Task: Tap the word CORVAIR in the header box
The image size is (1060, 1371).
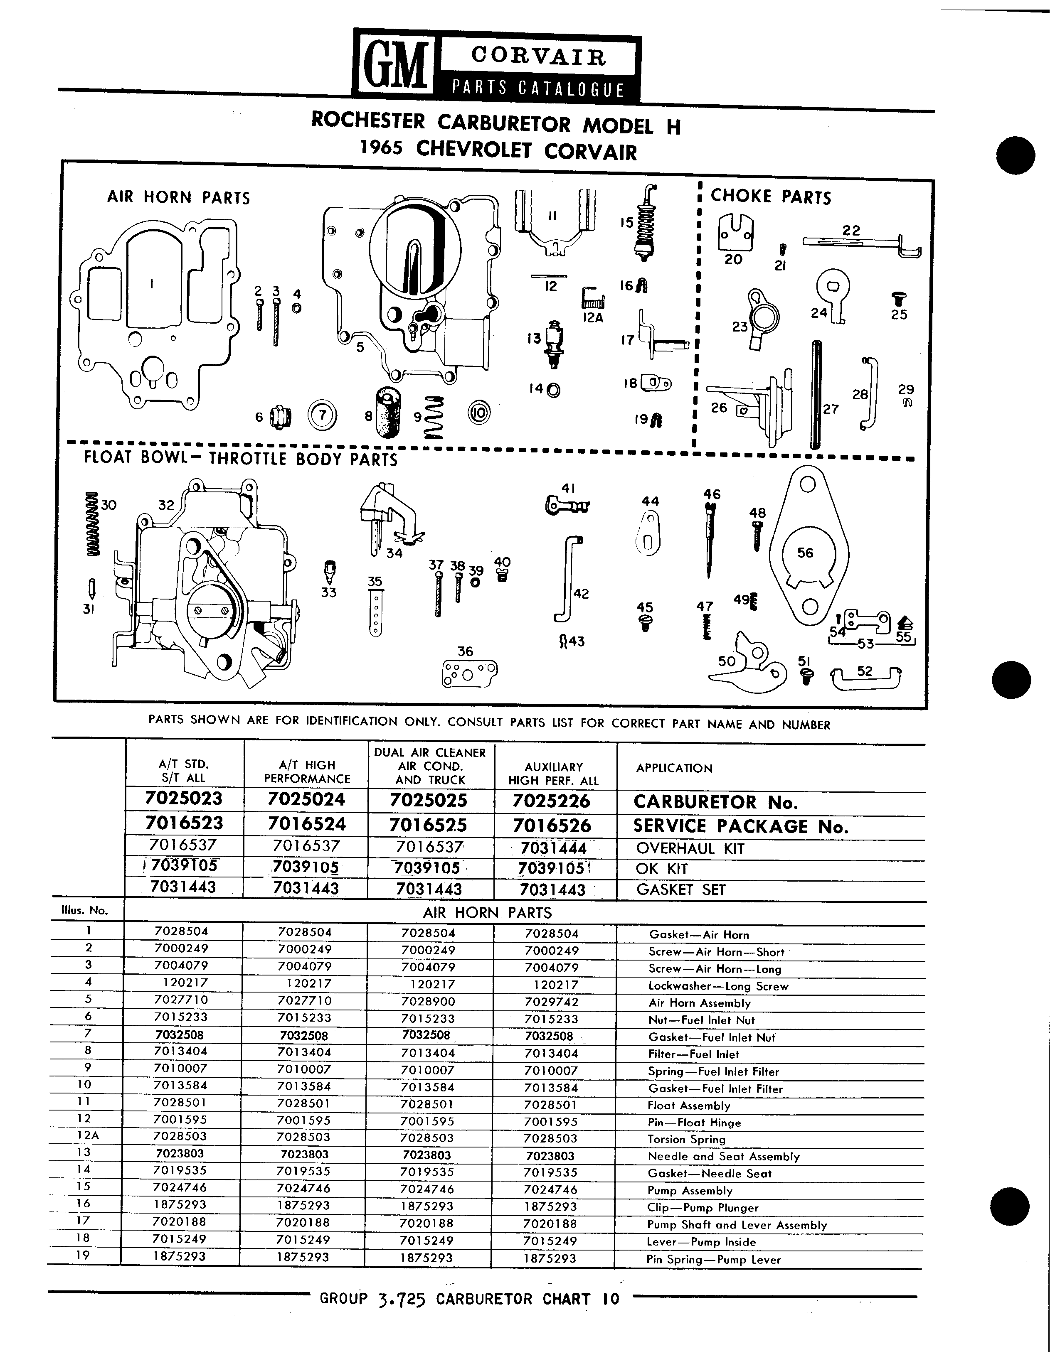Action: tap(539, 57)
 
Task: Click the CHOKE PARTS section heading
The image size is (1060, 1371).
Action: tap(771, 197)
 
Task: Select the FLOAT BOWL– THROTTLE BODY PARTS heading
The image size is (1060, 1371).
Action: tap(241, 458)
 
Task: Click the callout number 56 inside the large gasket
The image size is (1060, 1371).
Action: tap(805, 553)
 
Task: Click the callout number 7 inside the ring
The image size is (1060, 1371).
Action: tap(323, 415)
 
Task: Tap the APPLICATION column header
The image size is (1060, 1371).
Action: tap(674, 768)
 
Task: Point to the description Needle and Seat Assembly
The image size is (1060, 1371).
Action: tap(723, 1156)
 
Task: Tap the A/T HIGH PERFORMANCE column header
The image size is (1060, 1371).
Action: tap(307, 771)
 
